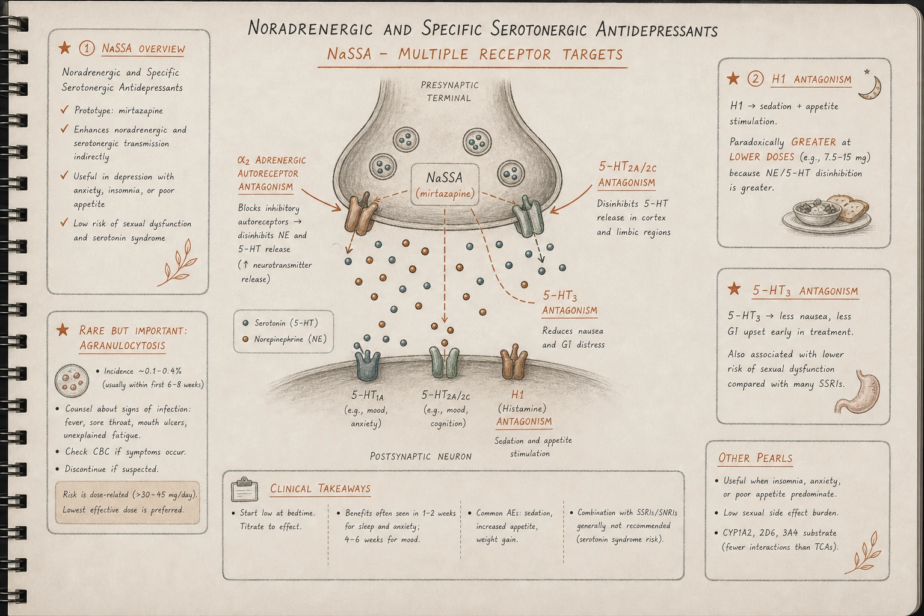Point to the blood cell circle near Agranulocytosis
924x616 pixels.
(x=72, y=380)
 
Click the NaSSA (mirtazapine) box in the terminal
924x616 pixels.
(x=445, y=185)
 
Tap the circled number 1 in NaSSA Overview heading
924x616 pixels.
(x=87, y=48)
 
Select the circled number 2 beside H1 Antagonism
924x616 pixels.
(x=756, y=78)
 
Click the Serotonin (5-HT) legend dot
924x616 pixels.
(x=246, y=323)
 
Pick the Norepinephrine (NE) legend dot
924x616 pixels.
(x=245, y=339)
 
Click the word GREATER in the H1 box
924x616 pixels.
(x=813, y=142)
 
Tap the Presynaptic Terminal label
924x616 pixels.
(x=449, y=91)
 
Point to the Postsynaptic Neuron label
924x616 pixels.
(x=420, y=457)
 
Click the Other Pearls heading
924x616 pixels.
(x=756, y=458)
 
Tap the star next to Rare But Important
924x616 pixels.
(x=63, y=330)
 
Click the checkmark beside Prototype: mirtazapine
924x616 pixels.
(x=64, y=109)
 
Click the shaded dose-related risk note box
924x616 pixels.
(x=127, y=502)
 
